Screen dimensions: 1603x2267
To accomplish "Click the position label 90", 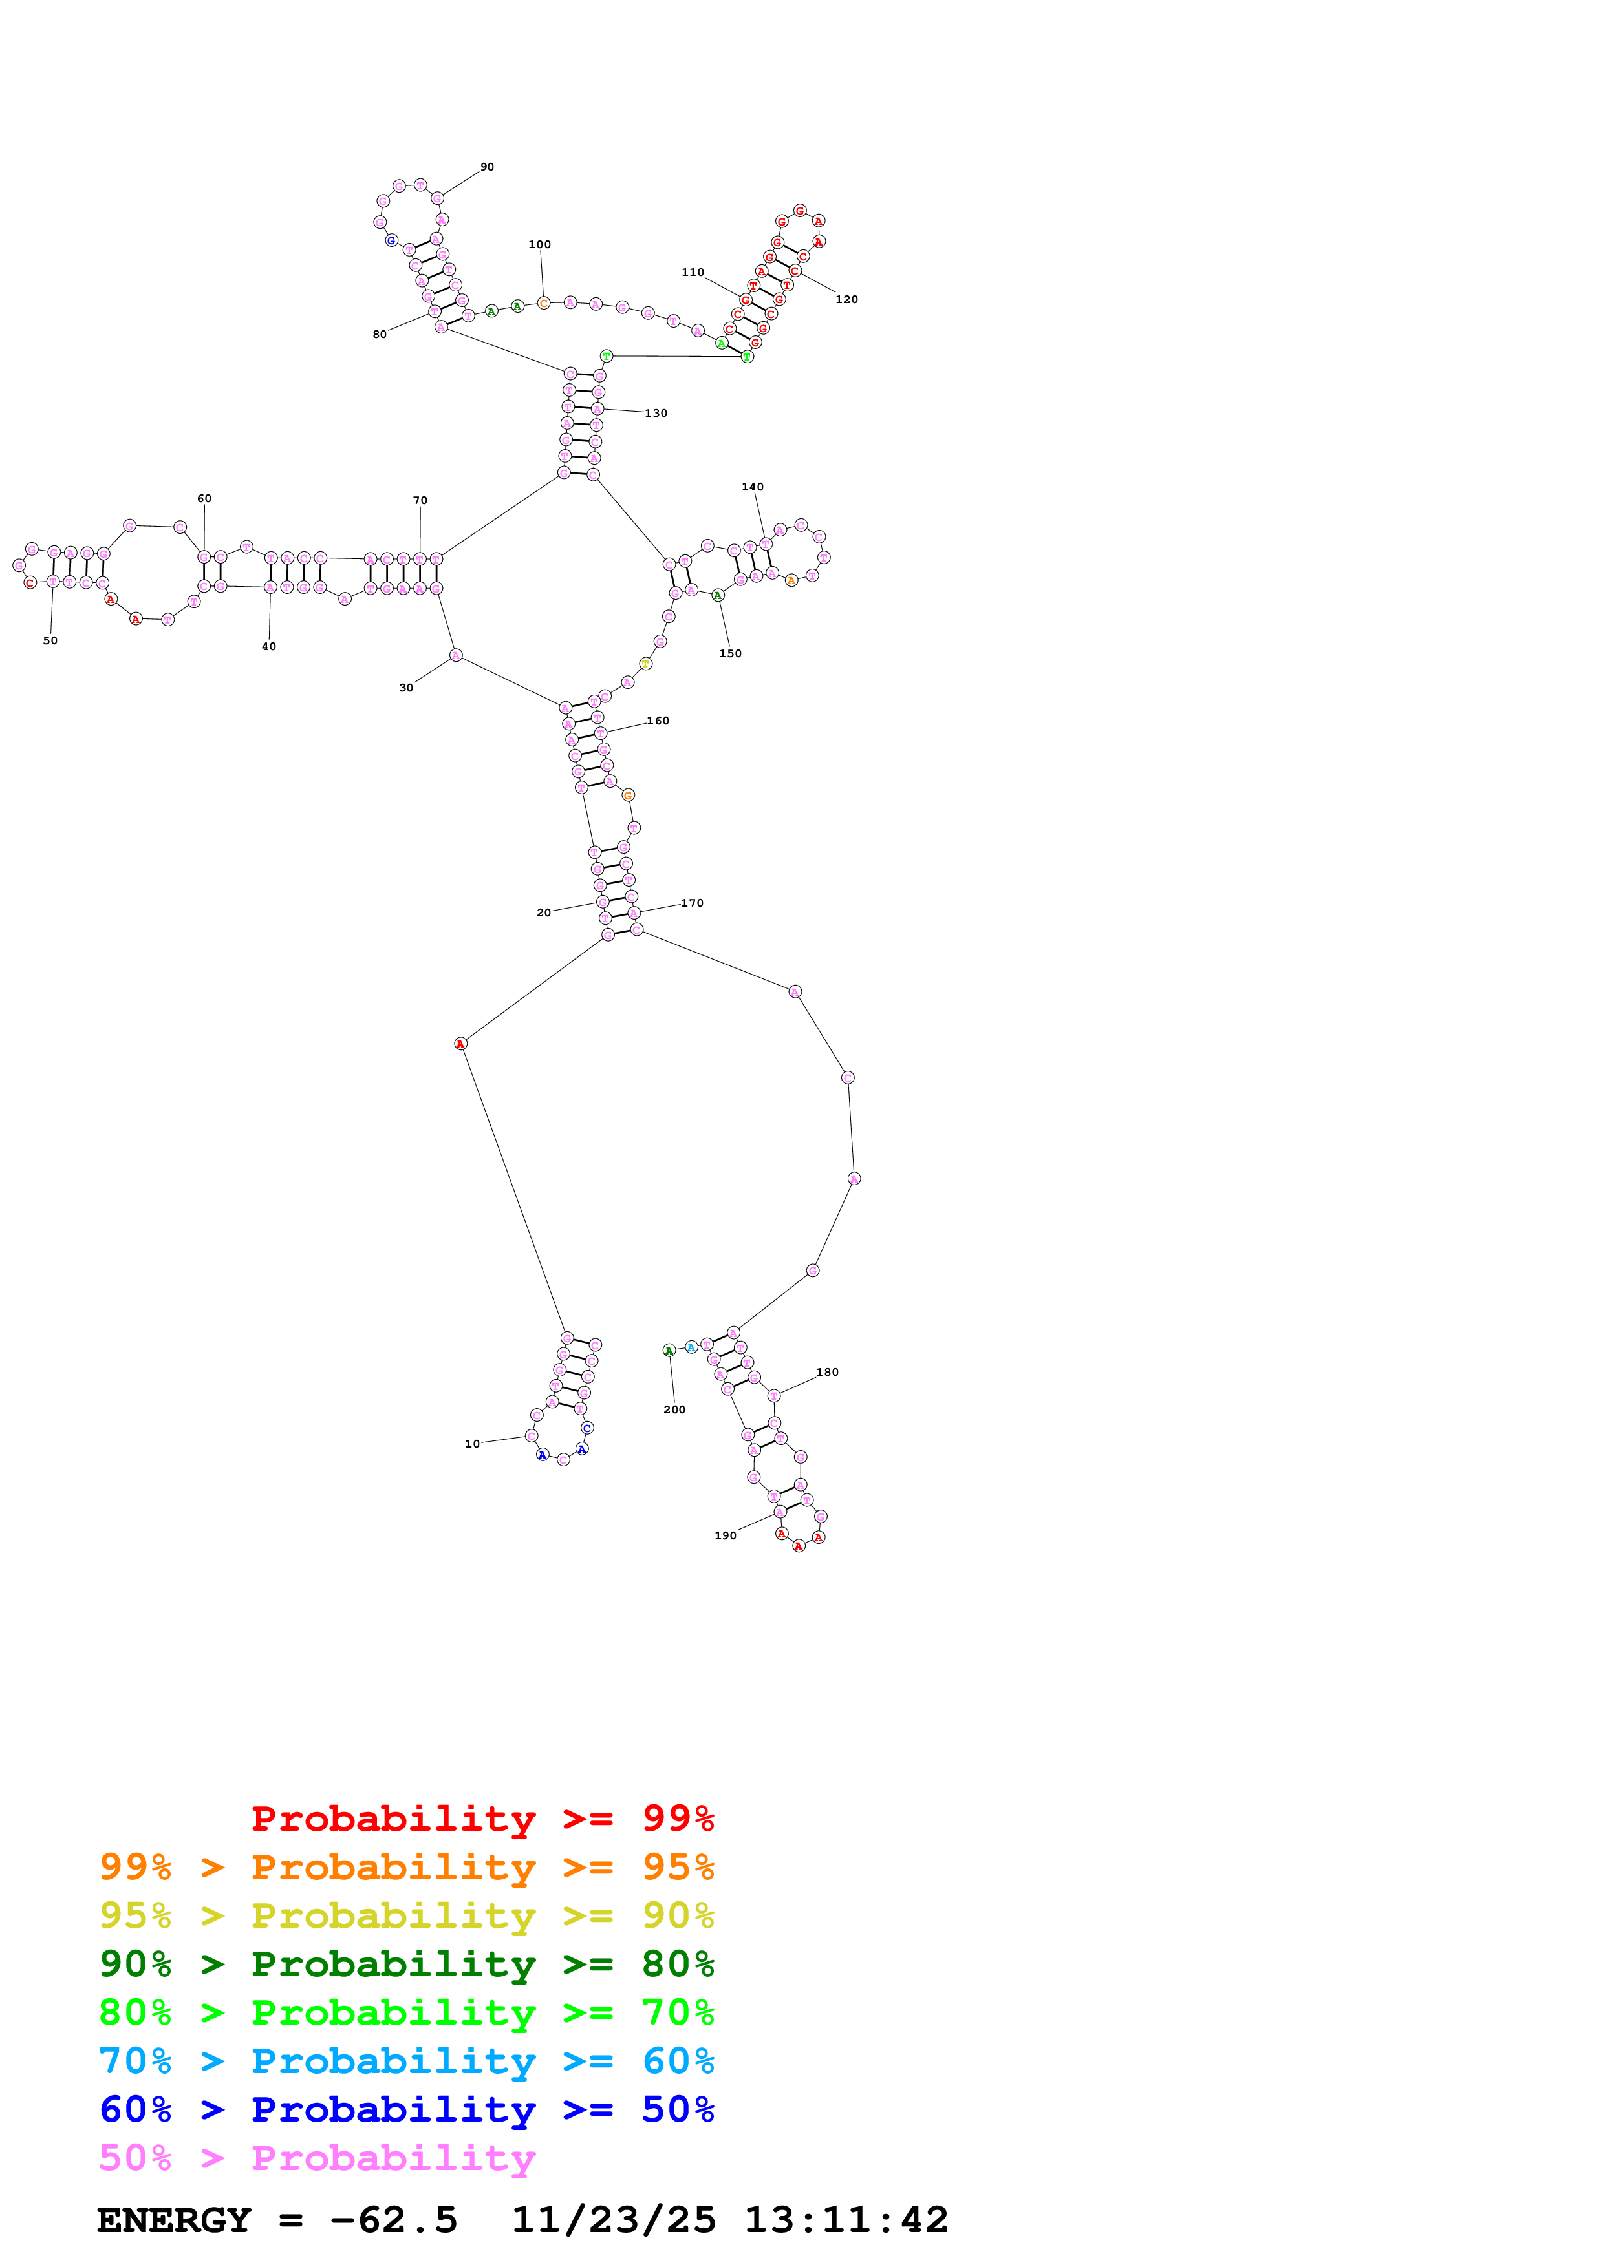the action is click(487, 167).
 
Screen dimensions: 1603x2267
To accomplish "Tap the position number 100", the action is click(539, 245).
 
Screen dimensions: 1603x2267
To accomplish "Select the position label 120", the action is click(846, 299).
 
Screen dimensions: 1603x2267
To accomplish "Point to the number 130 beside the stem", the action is click(656, 414).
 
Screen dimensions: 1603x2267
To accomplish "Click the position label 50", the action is click(50, 641).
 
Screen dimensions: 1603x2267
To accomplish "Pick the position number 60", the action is click(204, 499).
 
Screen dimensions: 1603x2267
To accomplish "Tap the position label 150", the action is click(730, 653).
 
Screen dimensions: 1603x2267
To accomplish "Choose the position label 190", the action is click(725, 1535).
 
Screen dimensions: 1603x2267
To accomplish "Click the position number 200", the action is click(674, 1410).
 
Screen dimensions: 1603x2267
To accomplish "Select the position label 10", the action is click(472, 1444).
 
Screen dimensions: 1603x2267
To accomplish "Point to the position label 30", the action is click(406, 688).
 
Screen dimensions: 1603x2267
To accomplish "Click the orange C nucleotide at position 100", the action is click(543, 303).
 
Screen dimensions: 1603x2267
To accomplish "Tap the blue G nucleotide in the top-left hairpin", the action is click(391, 241).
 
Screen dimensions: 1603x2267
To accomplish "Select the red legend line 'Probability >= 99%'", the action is click(482, 1818).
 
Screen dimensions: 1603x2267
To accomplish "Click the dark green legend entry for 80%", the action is click(407, 1964).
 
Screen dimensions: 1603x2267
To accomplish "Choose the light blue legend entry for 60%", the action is click(407, 2061).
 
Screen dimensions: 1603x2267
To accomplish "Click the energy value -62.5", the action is click(393, 2220).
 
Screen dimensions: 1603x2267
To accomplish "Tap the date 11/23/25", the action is click(614, 2220).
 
